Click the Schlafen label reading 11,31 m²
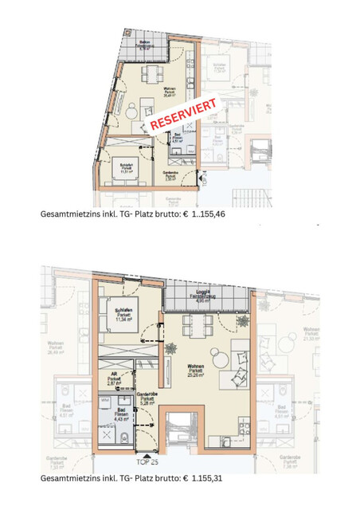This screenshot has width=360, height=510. [x=127, y=168]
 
